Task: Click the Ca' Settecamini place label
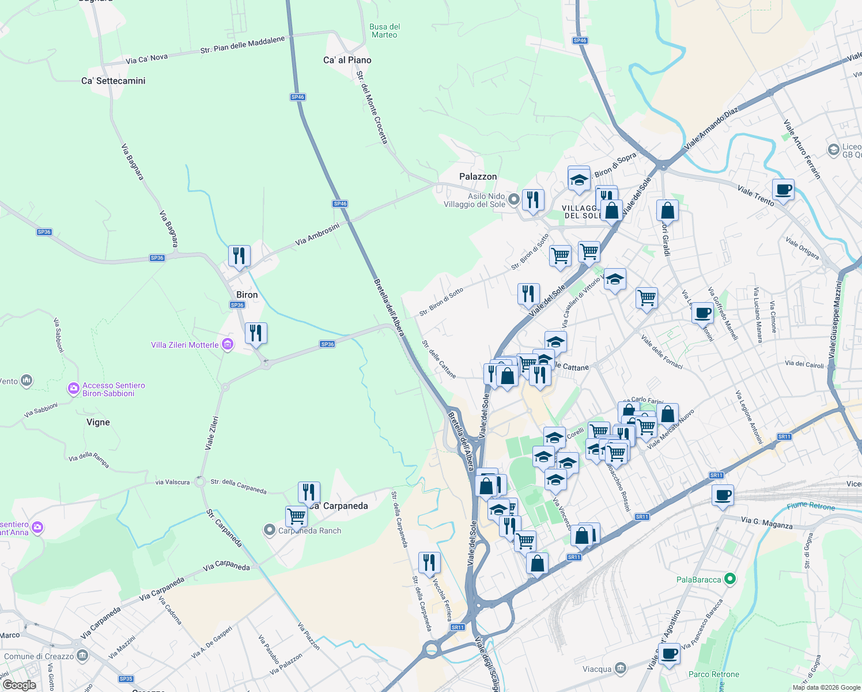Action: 113,81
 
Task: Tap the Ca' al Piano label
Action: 347,60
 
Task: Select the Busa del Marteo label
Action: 384,31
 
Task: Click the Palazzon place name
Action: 478,176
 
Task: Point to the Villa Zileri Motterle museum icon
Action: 228,345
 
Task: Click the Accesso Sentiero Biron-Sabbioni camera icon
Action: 73,389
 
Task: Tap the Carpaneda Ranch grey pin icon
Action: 269,530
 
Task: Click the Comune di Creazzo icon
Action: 82,656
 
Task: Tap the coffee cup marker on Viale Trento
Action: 783,189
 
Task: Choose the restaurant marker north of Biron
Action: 239,255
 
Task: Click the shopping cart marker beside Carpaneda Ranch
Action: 296,516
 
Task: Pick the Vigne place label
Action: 98,422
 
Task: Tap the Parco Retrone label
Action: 713,674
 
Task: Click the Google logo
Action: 19,685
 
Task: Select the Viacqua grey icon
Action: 620,668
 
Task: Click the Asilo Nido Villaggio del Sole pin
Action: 513,200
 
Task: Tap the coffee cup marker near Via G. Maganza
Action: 723,495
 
